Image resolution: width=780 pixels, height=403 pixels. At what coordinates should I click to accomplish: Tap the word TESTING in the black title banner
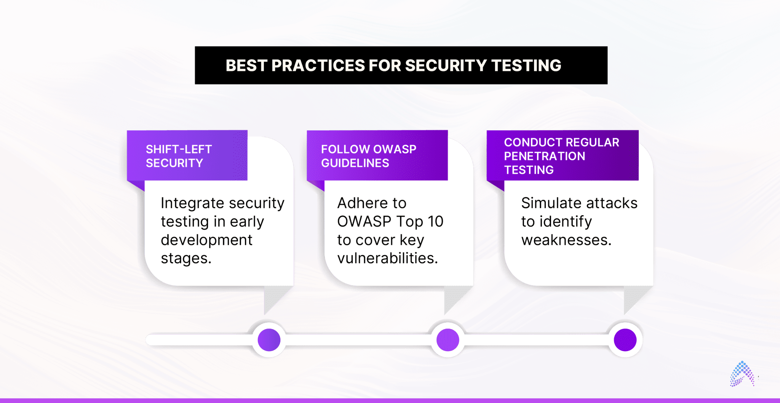[526, 66]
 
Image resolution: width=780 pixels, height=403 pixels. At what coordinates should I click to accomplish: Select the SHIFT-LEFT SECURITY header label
[179, 156]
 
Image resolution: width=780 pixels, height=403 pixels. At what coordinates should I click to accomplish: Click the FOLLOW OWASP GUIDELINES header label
[369, 156]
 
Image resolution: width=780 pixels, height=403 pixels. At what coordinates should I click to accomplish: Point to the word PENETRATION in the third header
[545, 156]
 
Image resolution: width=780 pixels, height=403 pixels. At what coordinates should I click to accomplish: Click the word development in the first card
[206, 240]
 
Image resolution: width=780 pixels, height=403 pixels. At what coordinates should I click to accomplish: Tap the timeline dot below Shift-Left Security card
[269, 340]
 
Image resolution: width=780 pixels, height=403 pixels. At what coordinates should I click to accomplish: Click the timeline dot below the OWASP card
[448, 340]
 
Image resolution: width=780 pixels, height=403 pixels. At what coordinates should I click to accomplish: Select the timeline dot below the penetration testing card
[625, 340]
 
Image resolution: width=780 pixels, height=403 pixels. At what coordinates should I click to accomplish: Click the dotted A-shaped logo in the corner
[742, 374]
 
